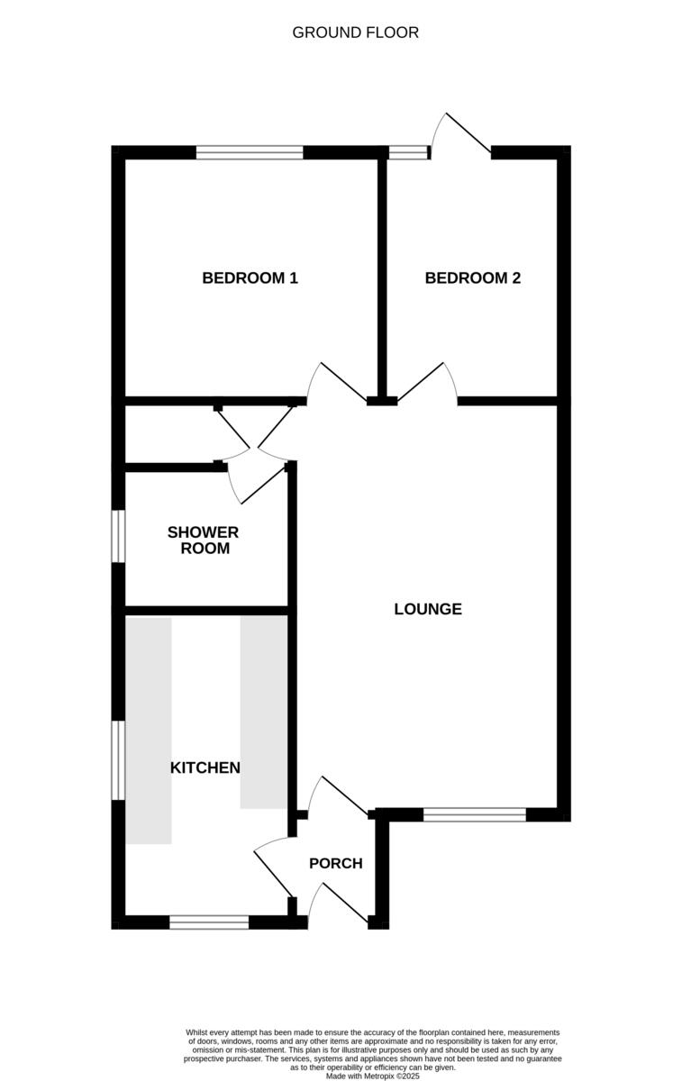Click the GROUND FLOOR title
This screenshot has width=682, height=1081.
tap(355, 32)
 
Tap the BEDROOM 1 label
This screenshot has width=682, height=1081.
tap(250, 278)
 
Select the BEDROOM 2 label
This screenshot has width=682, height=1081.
tap(472, 278)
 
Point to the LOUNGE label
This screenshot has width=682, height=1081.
tap(428, 609)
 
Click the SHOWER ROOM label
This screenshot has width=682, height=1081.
tap(204, 540)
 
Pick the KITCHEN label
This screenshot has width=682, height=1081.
tap(205, 768)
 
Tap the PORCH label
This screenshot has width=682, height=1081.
tap(335, 863)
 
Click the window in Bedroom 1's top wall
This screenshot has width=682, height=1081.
tap(250, 152)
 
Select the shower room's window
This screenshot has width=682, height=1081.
tap(118, 538)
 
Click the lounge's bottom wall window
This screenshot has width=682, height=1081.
tap(474, 814)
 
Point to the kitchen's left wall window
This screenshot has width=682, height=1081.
tap(118, 759)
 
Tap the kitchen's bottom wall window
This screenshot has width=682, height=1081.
tap(209, 922)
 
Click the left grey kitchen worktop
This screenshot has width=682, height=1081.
tap(148, 731)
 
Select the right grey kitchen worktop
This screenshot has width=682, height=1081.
tap(263, 713)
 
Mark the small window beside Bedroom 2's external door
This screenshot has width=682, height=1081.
tap(408, 152)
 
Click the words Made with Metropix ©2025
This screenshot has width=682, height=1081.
tap(372, 1076)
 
